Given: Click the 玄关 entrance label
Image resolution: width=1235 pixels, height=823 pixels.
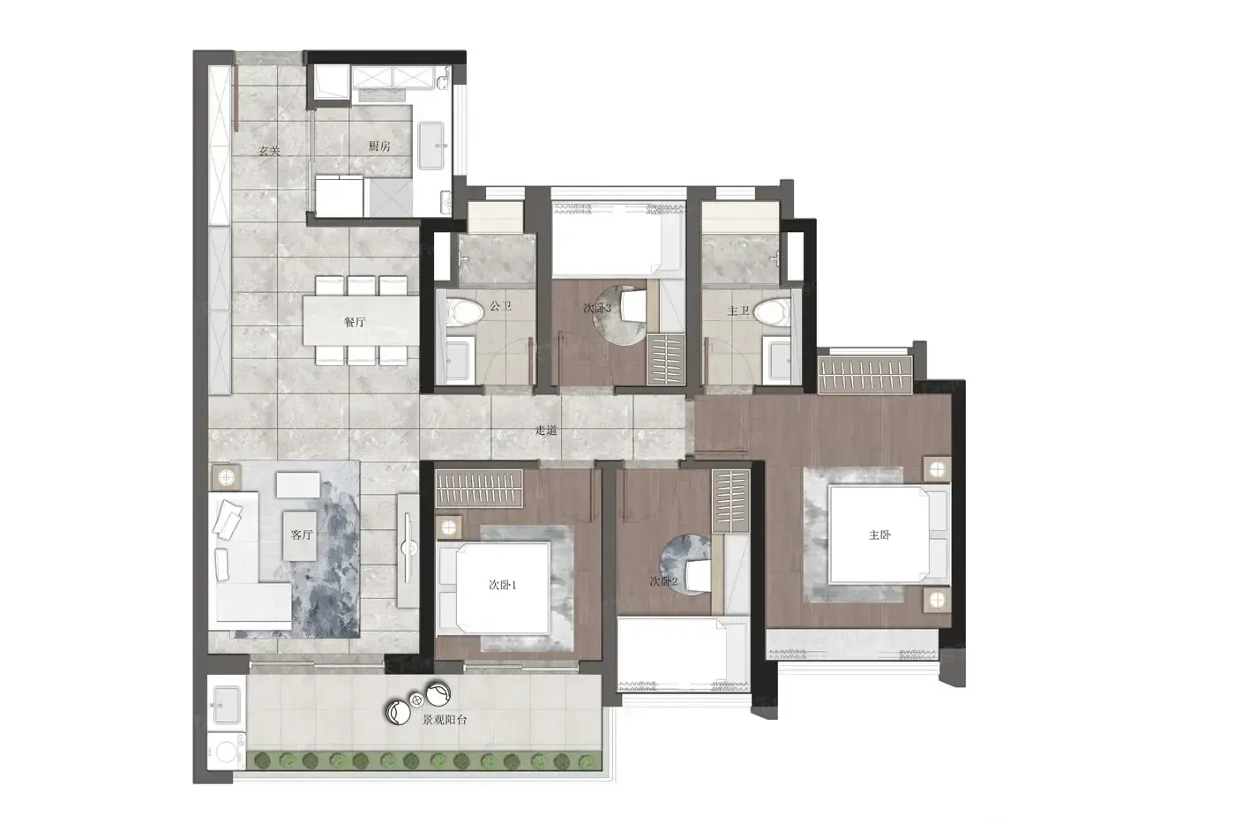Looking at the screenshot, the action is [270, 151].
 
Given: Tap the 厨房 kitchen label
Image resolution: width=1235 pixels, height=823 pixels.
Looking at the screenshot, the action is [379, 146].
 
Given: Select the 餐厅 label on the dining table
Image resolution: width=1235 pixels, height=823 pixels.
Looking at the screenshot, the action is [355, 322].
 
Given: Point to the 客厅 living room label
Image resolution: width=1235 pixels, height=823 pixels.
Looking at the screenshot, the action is [301, 535].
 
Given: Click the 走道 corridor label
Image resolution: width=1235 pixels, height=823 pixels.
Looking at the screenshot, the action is [546, 430].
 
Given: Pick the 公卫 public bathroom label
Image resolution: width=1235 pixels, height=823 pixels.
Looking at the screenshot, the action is [501, 306].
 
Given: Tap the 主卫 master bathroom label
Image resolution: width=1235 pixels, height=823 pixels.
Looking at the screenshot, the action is [738, 311].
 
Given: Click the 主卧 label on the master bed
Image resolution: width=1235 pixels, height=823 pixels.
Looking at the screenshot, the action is [879, 535].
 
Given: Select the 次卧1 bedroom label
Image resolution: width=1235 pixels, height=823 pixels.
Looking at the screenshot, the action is [502, 585].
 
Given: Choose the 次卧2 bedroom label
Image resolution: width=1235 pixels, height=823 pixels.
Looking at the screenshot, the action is [663, 581].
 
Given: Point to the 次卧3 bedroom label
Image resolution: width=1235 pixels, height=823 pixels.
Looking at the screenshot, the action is [597, 308].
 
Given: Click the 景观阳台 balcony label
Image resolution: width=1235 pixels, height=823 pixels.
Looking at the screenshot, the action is [445, 720].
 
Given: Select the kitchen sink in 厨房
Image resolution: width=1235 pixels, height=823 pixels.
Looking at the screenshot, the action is [431, 146].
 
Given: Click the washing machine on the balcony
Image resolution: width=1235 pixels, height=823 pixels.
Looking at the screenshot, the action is [226, 750].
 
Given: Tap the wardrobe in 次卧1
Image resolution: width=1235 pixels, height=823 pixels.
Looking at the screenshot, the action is [479, 489].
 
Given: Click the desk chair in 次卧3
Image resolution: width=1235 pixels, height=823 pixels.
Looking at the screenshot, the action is [633, 306].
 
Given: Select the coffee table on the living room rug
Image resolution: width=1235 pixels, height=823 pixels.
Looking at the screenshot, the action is [300, 535].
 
